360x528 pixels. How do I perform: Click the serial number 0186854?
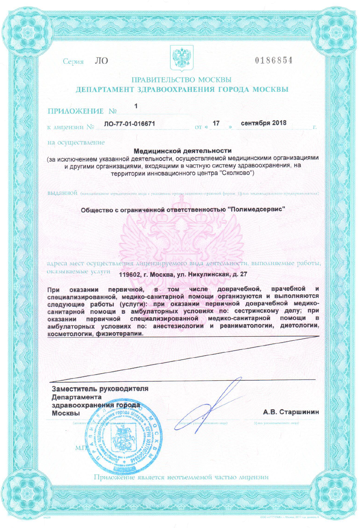click(274, 60)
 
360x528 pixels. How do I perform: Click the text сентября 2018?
click(264, 122)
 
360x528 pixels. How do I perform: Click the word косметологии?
click(70, 334)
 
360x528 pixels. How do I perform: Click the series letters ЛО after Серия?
click(102, 60)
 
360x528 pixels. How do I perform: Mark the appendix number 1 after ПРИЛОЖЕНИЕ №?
click(135, 106)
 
